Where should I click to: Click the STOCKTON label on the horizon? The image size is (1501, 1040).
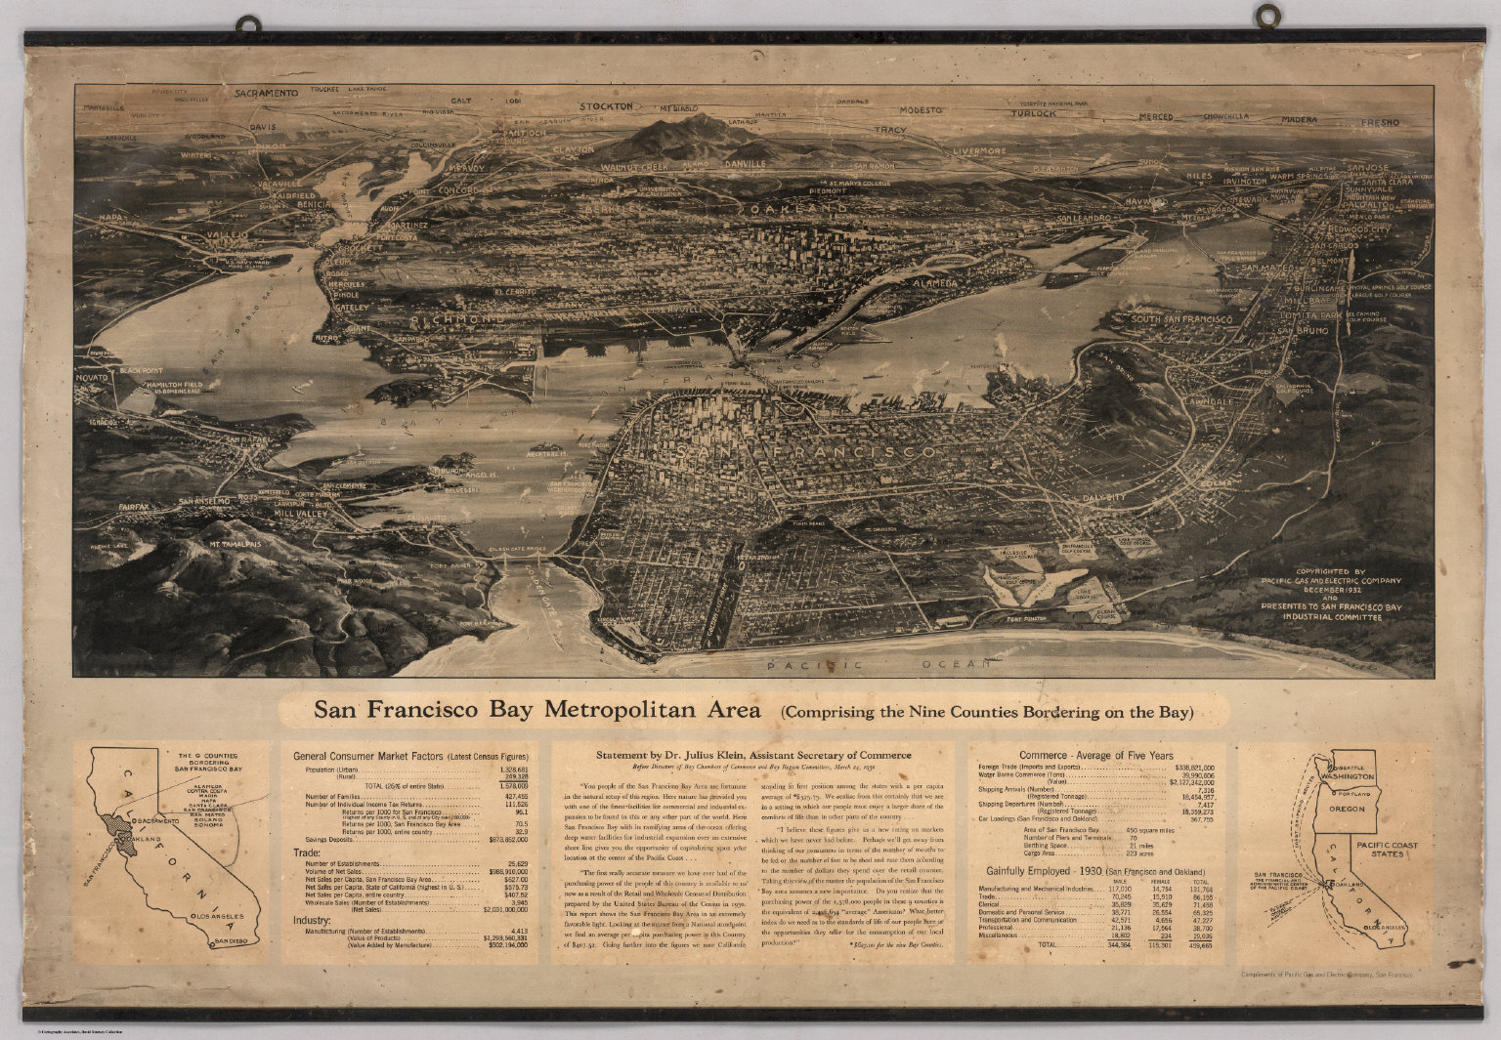click(x=607, y=105)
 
